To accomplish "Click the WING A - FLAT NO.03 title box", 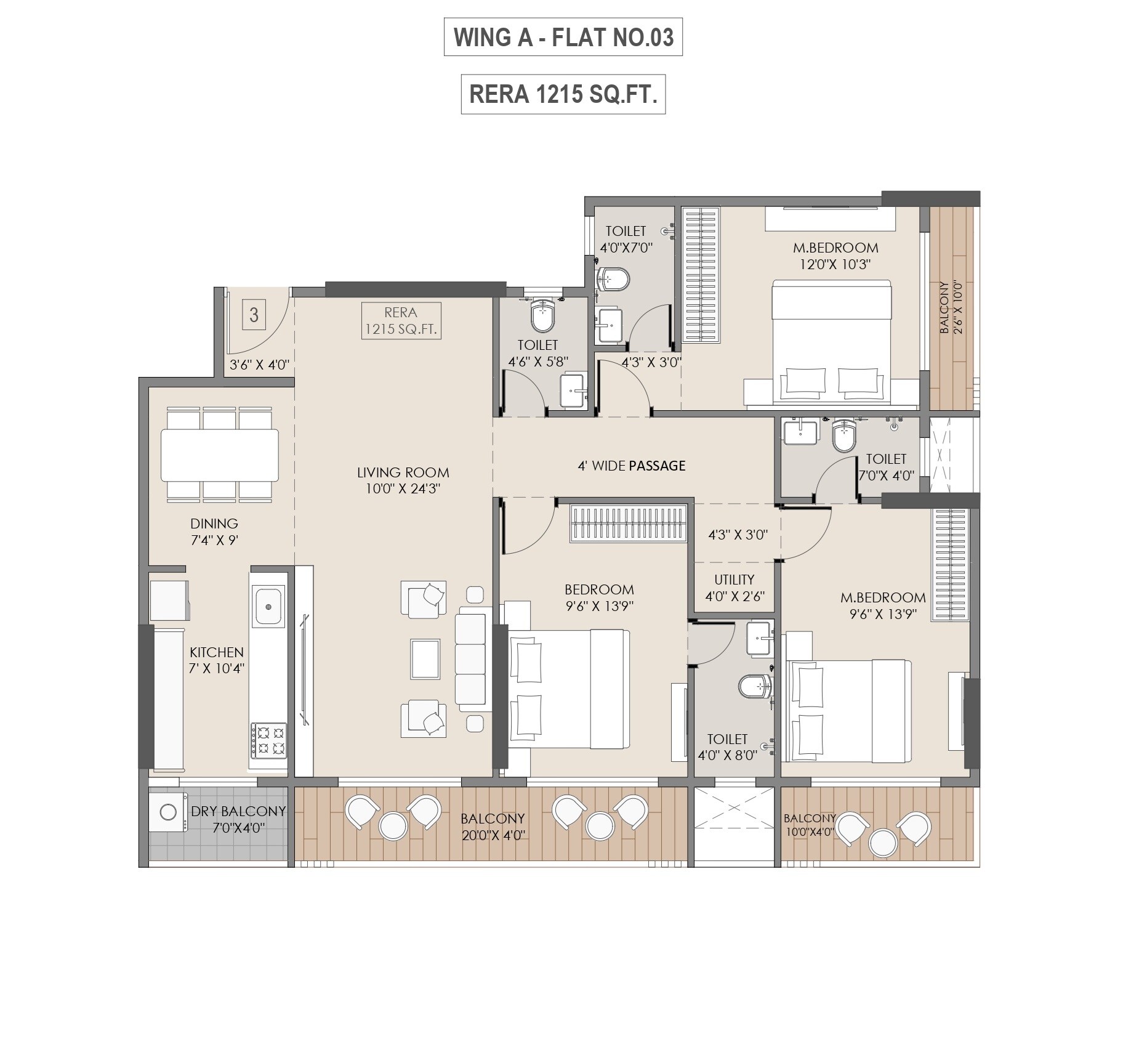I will coord(563,38).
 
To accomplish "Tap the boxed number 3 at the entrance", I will coord(254,315).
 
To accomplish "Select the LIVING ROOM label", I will coord(403,472).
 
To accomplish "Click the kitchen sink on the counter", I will coord(268,607).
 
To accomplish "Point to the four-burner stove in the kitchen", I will coord(268,740).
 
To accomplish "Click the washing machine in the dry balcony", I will coord(168,812).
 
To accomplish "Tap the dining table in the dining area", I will coord(219,455).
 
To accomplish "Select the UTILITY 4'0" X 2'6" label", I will coord(735,588).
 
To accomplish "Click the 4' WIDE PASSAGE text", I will coord(631,466).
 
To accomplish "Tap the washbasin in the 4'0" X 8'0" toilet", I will coord(759,637).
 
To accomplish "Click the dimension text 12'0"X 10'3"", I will coord(835,264).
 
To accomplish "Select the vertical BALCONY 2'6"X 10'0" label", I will coord(950,307).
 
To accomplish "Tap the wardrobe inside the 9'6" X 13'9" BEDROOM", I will coord(628,523).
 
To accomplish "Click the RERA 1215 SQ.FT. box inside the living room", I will coord(401,321).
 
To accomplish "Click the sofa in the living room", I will coord(472,659).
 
